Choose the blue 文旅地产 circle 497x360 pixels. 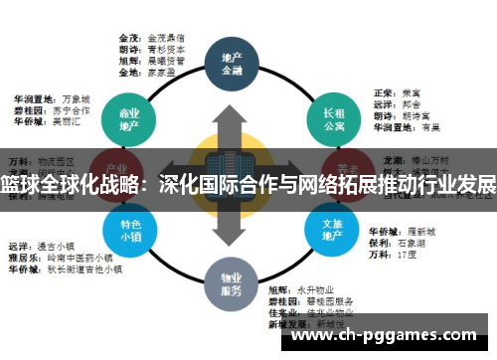[333, 231]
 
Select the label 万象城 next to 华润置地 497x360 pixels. [76, 99]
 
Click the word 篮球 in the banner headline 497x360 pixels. [18, 185]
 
